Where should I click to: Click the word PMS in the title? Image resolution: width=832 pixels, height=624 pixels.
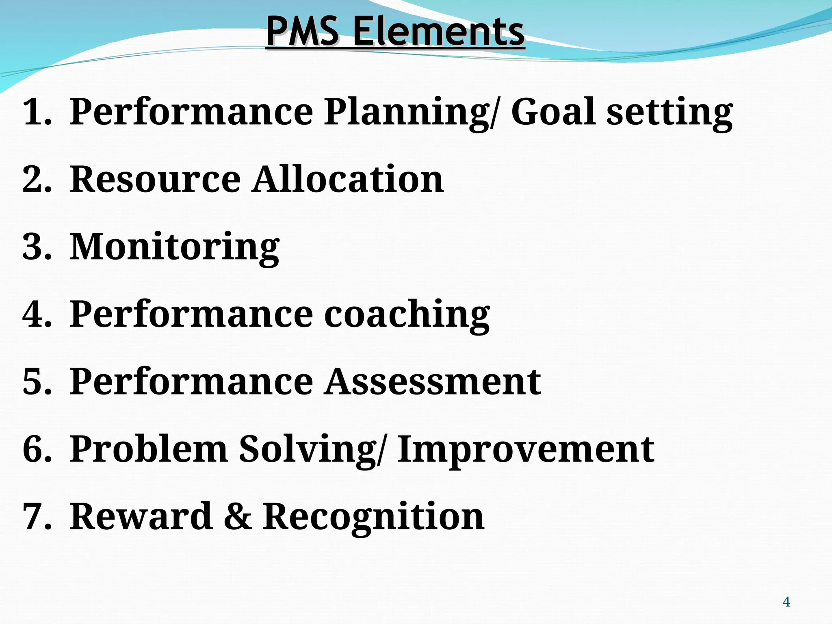click(x=302, y=31)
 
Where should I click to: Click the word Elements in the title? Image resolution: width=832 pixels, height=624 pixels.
click(x=438, y=31)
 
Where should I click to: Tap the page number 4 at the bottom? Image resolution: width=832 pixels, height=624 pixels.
click(x=786, y=602)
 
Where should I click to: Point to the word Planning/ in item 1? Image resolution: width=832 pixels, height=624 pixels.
click(x=410, y=113)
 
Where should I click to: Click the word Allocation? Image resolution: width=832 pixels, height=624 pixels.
click(x=348, y=179)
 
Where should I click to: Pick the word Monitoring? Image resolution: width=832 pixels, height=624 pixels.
click(x=174, y=247)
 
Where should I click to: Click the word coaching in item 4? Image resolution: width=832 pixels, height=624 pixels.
click(x=407, y=315)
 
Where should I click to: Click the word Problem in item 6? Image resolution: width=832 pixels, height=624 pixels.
click(x=148, y=449)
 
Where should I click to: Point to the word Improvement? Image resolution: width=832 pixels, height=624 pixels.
click(x=526, y=450)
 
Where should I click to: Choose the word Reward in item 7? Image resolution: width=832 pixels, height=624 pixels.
click(x=141, y=516)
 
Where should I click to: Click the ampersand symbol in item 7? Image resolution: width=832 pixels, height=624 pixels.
click(x=238, y=516)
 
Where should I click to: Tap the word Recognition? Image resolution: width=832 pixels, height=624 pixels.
click(x=373, y=517)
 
